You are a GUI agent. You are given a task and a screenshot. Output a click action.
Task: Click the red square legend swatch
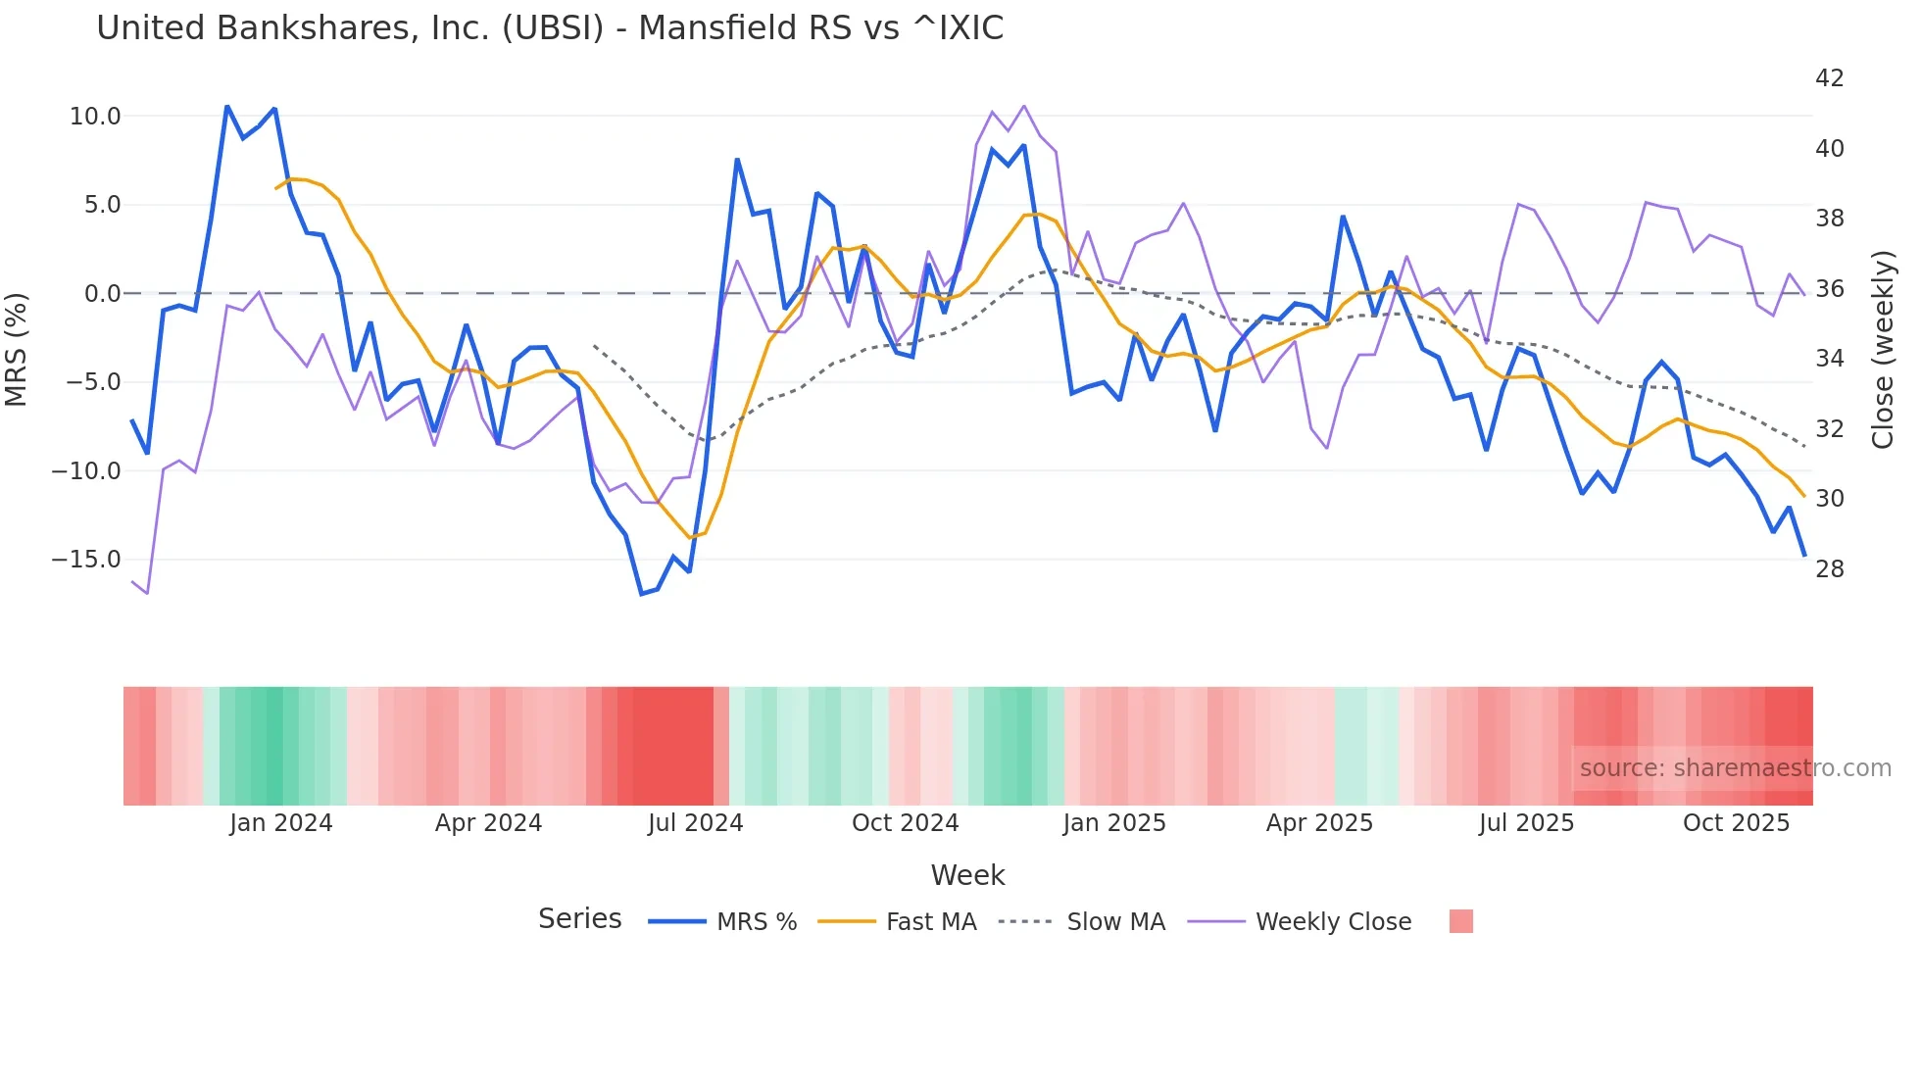1460,921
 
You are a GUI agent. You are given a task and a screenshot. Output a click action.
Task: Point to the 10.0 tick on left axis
95,117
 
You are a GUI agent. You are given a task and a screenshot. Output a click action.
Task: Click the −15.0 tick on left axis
86,560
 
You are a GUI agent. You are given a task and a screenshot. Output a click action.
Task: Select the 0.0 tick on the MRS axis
102,294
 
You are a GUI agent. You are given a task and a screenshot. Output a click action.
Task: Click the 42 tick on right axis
1829,78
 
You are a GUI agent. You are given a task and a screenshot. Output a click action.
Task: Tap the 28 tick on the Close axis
1829,569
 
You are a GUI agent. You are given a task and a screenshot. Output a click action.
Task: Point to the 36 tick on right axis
1829,289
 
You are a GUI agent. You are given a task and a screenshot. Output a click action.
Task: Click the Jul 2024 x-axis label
695,823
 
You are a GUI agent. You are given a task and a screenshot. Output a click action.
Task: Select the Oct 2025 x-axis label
1736,823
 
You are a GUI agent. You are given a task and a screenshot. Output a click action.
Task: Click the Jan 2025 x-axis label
1114,823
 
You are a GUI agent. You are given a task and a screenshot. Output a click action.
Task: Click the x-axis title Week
967,875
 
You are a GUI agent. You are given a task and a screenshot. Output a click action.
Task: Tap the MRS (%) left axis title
17,350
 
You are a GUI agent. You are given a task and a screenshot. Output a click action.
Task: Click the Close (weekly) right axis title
1883,350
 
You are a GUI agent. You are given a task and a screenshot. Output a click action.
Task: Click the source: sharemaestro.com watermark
1735,768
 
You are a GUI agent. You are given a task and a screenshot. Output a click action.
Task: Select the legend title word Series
579,919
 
